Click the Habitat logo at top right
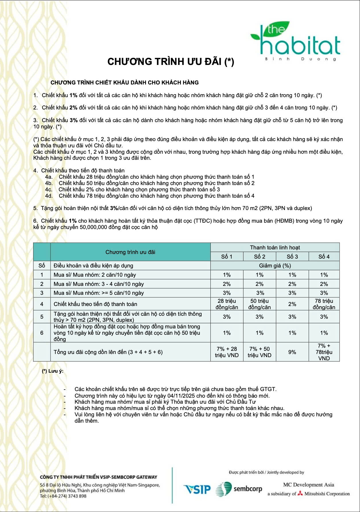(x=296, y=42)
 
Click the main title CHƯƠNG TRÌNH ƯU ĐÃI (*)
(x=171, y=61)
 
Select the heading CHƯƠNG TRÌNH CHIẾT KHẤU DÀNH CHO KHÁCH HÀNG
(x=125, y=83)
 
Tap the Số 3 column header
(x=292, y=257)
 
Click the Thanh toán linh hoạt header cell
(x=275, y=247)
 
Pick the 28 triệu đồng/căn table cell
(x=227, y=304)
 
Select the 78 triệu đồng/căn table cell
(x=324, y=304)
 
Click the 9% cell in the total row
(x=292, y=352)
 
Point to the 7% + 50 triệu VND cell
(x=260, y=352)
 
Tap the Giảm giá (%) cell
(x=275, y=265)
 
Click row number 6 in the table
(x=42, y=333)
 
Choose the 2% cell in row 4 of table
(x=292, y=304)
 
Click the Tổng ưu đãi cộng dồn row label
(x=108, y=352)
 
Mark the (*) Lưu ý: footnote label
(x=53, y=371)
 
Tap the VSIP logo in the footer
(x=197, y=489)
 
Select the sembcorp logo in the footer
(x=239, y=489)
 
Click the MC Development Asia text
(x=309, y=485)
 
